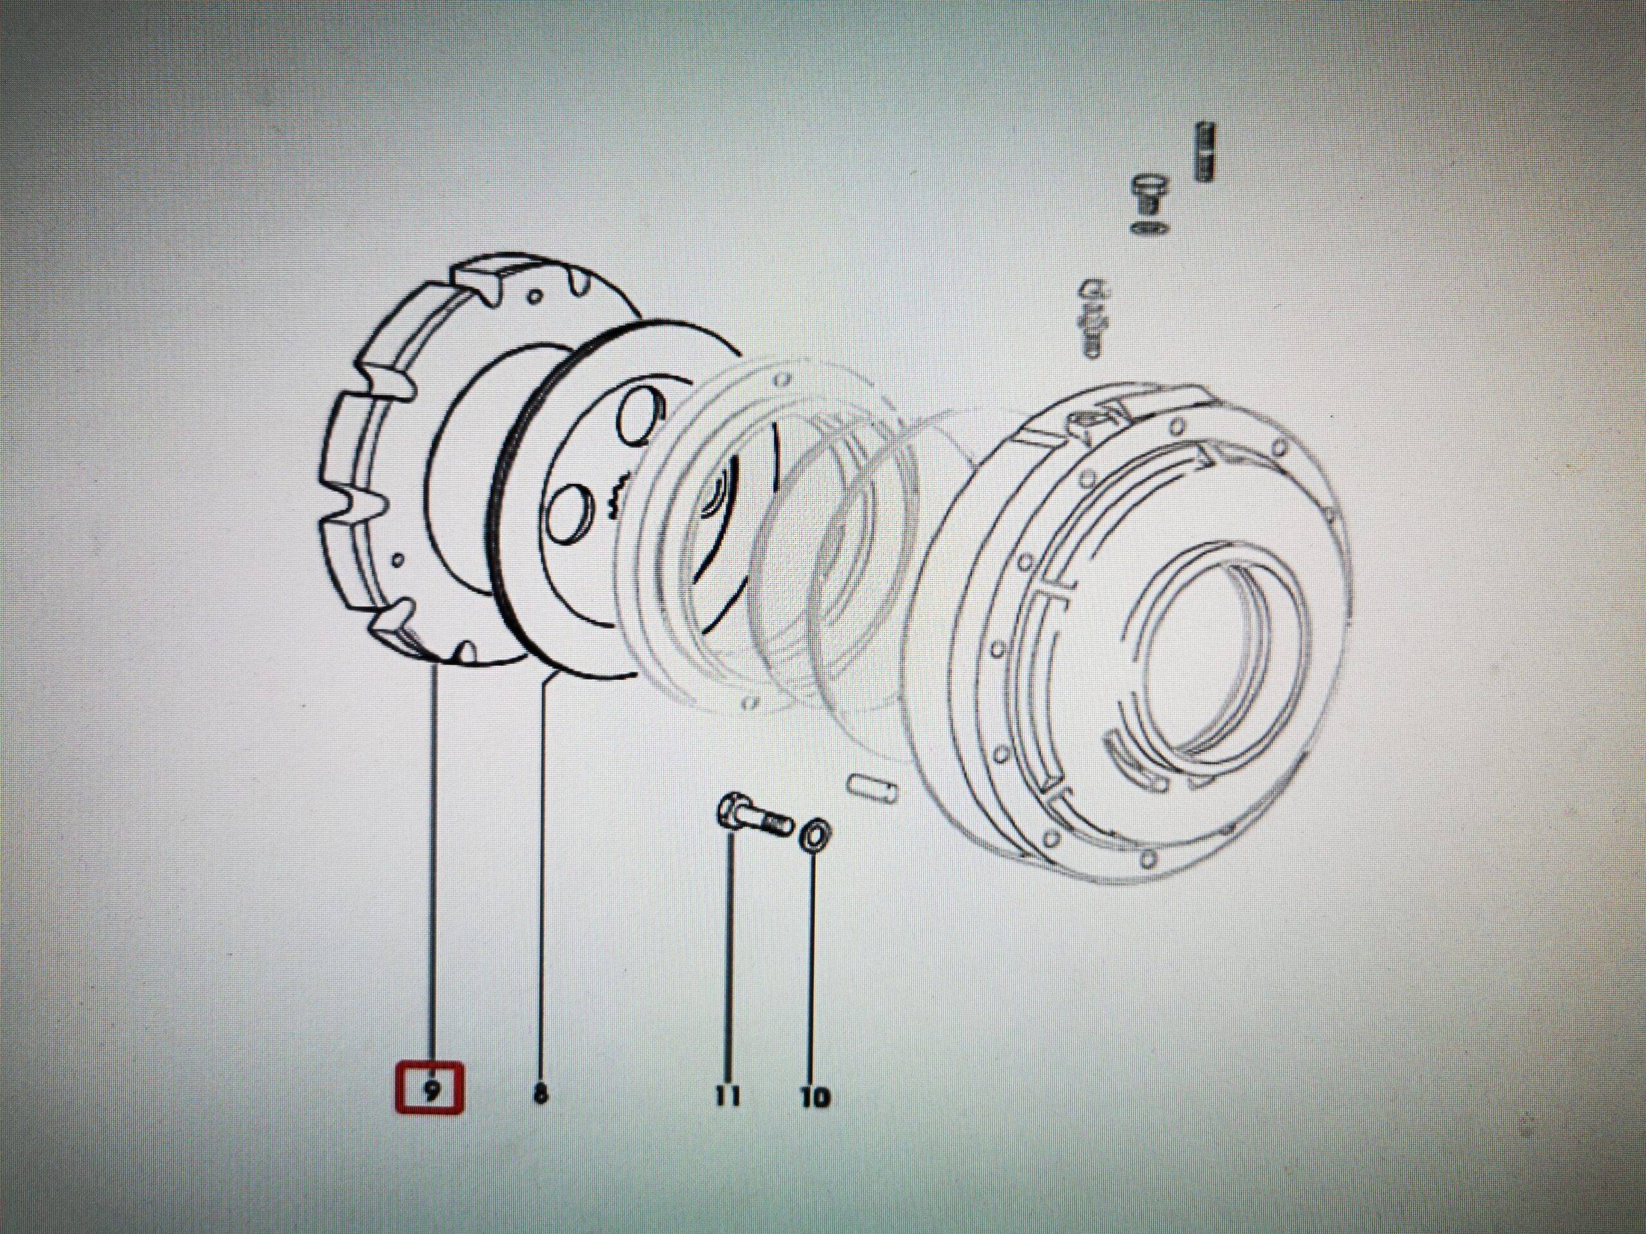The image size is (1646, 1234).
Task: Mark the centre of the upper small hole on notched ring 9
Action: (x=533, y=297)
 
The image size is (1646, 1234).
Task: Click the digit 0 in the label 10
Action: (x=821, y=1097)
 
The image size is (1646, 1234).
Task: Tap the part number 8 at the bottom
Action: (x=541, y=1093)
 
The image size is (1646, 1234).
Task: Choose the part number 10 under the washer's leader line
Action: (x=815, y=1097)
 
